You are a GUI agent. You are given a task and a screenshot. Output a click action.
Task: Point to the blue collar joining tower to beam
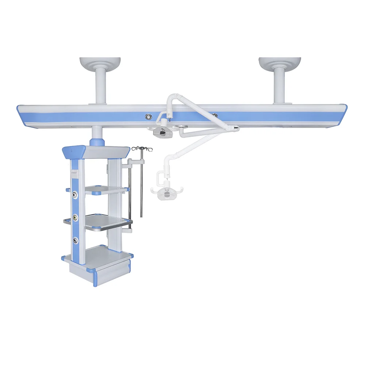[x=97, y=141]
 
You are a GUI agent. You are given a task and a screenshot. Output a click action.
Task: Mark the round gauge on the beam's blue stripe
[x=149, y=117]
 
